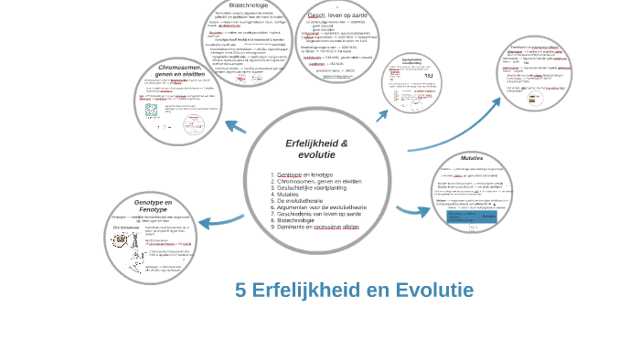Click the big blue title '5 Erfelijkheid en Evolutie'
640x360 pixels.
354,291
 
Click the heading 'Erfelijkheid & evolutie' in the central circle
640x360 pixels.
316,149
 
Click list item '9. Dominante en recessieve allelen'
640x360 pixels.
315,227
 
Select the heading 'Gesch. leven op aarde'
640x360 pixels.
337,16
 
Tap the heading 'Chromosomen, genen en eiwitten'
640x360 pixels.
180,70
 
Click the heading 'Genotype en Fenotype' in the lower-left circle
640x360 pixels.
153,206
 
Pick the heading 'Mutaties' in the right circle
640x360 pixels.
472,158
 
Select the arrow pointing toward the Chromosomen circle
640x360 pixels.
235,127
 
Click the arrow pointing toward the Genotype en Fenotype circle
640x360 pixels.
219,220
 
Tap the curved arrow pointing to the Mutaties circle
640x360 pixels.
413,212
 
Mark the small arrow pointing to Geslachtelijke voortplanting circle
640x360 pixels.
382,115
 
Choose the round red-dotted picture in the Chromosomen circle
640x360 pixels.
152,110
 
